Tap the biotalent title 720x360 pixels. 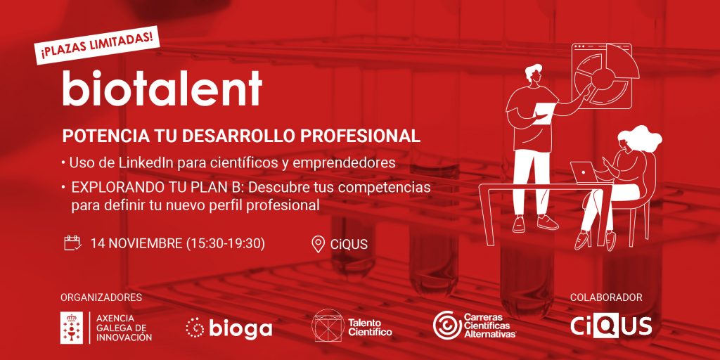(162, 88)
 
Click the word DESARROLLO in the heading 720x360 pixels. (226, 136)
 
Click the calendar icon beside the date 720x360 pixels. (72, 243)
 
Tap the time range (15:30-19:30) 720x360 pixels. (226, 243)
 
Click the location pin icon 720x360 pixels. (319, 244)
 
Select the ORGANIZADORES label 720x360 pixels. (101, 297)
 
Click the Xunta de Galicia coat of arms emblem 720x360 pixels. (72, 328)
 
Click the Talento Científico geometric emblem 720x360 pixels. (328, 325)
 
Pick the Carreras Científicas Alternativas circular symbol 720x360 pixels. (447, 325)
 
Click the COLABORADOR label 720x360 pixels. (606, 297)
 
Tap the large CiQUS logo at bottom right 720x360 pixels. (611, 326)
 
